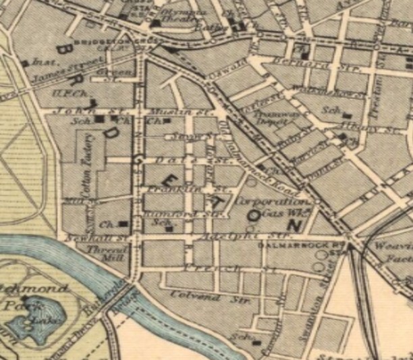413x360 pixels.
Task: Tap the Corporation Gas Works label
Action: point(269,207)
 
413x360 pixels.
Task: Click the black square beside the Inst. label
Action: point(24,63)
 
